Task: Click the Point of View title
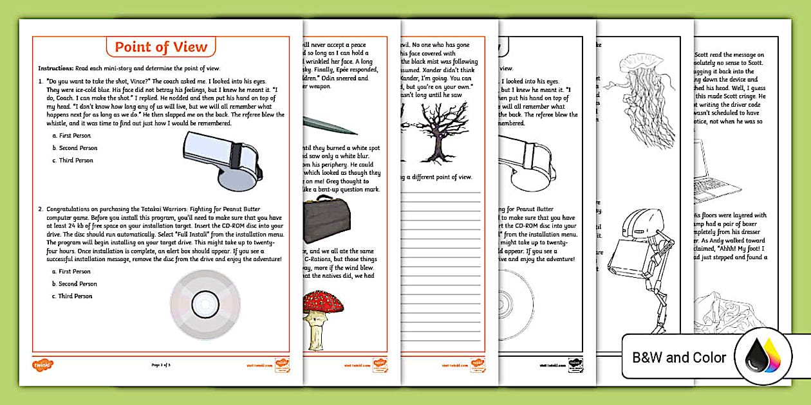click(161, 47)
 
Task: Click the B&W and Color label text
click(679, 357)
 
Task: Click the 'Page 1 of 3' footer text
click(161, 365)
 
